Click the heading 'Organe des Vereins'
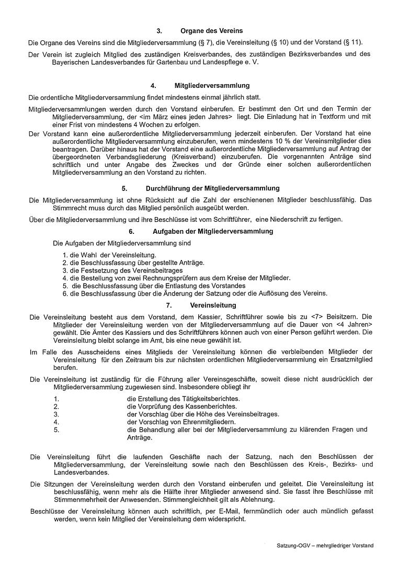(211, 31)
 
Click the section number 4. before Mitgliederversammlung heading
(153, 85)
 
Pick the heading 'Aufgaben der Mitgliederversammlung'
(212, 231)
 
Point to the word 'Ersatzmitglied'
(351, 359)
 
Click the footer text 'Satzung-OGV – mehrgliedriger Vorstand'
(325, 546)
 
